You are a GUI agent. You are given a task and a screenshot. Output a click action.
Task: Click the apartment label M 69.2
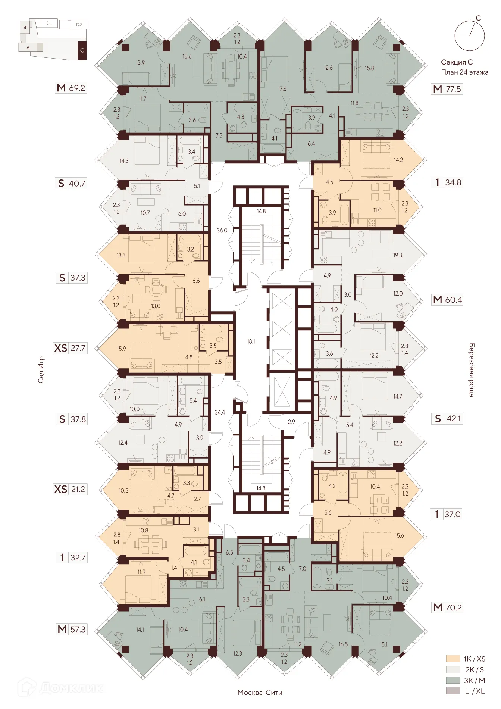71,88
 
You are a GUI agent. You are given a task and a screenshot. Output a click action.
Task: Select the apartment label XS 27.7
71,348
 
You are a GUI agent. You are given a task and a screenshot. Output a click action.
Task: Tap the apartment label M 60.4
447,299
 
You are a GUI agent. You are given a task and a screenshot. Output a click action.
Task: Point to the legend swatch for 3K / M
453,680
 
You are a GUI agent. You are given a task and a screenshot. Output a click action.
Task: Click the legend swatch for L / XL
453,691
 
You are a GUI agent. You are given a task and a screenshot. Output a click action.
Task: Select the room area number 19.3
397,255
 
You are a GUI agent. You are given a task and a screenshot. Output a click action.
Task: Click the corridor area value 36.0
222,230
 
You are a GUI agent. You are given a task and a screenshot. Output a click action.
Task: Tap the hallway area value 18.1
251,341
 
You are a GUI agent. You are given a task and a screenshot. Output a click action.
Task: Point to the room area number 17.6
282,89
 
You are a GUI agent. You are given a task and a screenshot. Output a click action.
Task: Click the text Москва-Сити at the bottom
260,693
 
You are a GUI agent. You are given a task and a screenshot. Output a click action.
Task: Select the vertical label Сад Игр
41,369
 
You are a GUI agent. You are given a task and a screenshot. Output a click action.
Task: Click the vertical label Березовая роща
472,369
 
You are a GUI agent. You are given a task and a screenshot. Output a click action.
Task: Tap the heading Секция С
457,62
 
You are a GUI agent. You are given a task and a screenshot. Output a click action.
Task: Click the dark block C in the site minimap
82,50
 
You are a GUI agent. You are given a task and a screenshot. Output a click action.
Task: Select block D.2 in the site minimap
79,25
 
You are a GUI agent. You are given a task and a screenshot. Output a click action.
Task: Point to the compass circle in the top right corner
469,36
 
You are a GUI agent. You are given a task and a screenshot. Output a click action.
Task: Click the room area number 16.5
343,644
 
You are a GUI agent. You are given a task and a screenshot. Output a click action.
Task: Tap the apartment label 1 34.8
447,182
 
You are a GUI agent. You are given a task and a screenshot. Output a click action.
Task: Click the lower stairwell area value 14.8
261,488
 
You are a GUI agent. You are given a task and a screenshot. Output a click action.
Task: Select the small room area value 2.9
291,422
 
